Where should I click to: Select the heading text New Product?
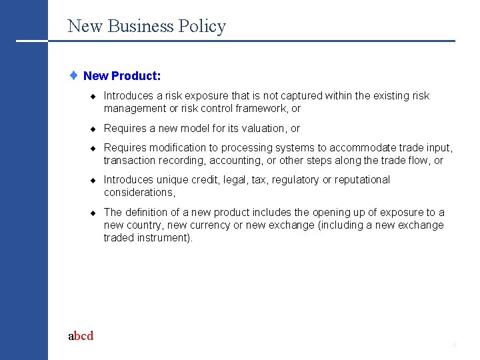pyautogui.click(x=122, y=76)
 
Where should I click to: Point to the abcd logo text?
pyautogui.click(x=81, y=336)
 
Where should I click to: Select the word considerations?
pyautogui.click(x=138, y=193)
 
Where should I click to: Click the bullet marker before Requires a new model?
pyautogui.click(x=95, y=129)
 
